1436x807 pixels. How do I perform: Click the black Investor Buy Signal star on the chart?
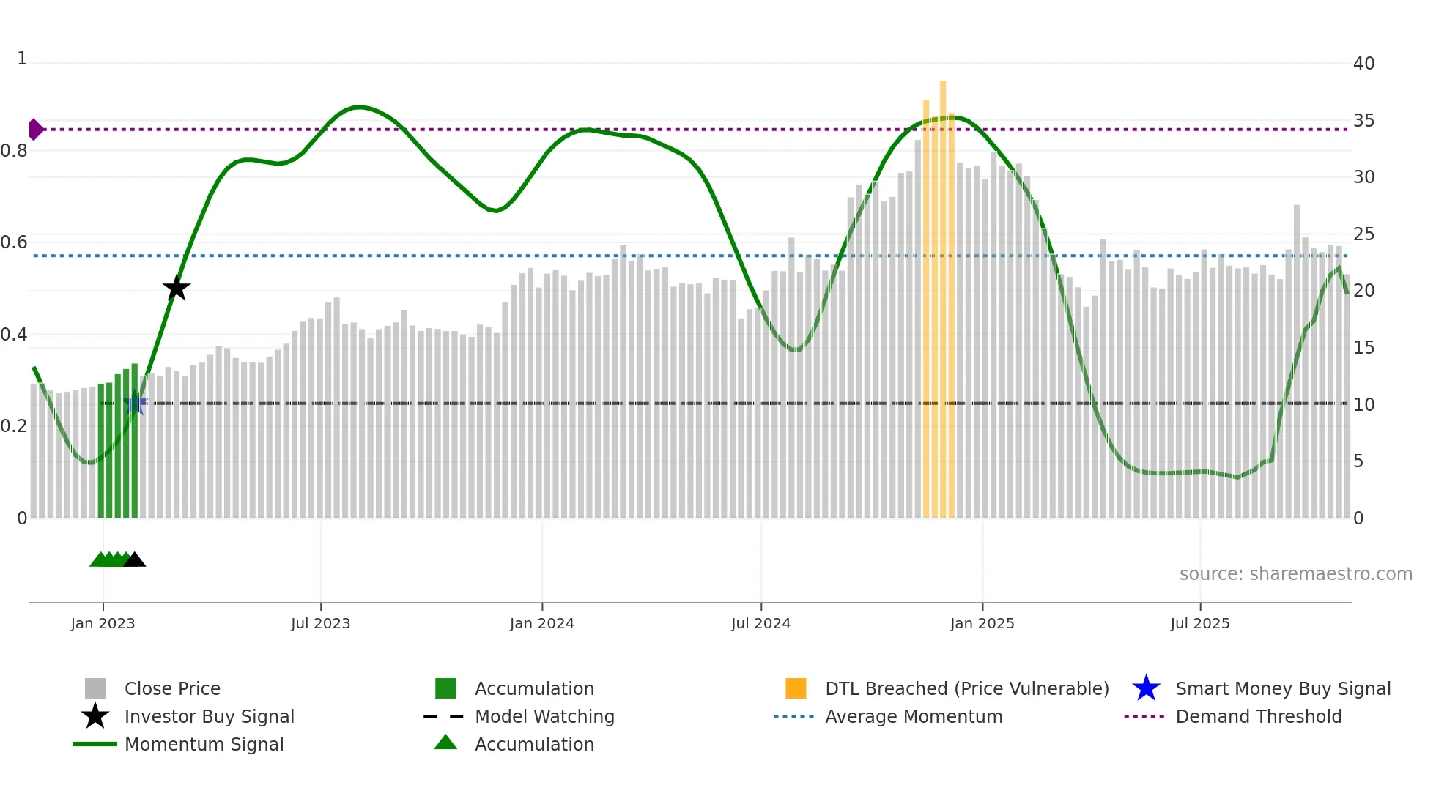(x=176, y=289)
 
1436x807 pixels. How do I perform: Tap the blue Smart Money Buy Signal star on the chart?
(x=135, y=403)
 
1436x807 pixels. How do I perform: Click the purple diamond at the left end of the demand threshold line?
(x=35, y=130)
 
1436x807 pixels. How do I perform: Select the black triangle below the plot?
(x=135, y=560)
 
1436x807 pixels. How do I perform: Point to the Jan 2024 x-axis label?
(x=541, y=623)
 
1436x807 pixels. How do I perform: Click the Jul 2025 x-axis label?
(x=1199, y=623)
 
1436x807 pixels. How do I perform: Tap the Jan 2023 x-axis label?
(x=103, y=623)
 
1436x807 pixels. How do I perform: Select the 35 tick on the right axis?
(x=1363, y=121)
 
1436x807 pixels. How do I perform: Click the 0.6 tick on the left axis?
(x=14, y=242)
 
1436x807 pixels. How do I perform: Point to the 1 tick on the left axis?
(x=22, y=59)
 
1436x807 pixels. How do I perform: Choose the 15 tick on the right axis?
(x=1363, y=348)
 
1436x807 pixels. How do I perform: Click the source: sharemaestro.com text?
(x=1295, y=574)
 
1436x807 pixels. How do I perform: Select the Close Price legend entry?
(x=172, y=688)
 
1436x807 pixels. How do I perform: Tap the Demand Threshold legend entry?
(x=1258, y=716)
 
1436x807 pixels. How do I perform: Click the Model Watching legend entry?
(x=544, y=716)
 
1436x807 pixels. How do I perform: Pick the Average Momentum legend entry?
(x=913, y=716)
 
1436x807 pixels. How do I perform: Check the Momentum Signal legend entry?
(x=204, y=744)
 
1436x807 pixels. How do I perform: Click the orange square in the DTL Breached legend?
(x=796, y=688)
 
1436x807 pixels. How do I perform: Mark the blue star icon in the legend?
(x=1146, y=688)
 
